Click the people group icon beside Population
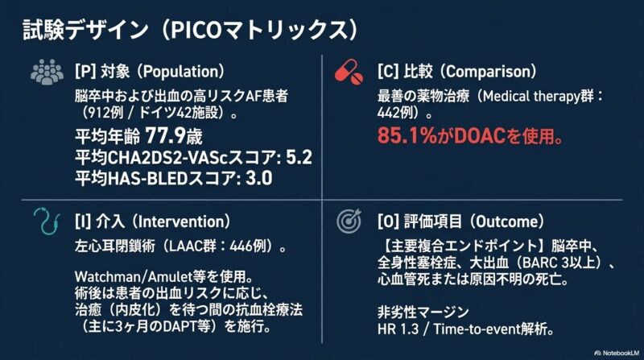pyautogui.click(x=47, y=72)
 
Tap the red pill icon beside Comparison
pyautogui.click(x=349, y=72)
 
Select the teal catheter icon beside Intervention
pyautogui.click(x=47, y=221)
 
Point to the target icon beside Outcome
pyautogui.click(x=349, y=221)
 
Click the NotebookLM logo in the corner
pyautogui.click(x=617, y=353)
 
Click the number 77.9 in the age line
pyautogui.click(x=166, y=135)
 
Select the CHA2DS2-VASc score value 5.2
pyautogui.click(x=299, y=157)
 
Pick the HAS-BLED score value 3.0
pyautogui.click(x=258, y=178)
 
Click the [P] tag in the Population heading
pyautogui.click(x=85, y=72)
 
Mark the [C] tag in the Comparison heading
pyautogui.click(x=388, y=72)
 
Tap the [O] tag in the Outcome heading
pyautogui.click(x=389, y=221)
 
